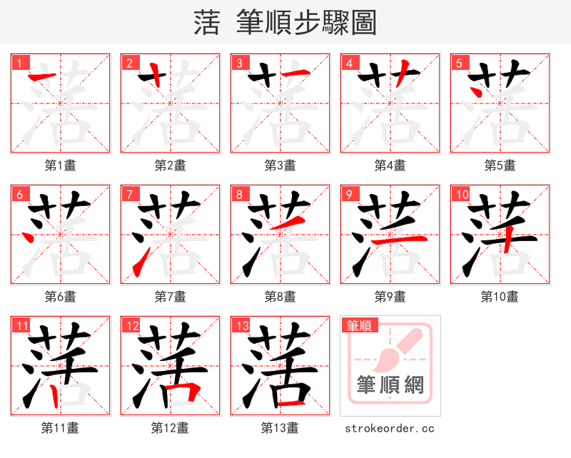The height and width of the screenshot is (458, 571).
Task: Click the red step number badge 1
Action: (19, 63)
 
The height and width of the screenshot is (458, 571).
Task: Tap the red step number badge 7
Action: (128, 194)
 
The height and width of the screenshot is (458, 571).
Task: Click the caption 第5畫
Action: (500, 166)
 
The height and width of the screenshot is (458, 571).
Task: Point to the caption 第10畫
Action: (500, 297)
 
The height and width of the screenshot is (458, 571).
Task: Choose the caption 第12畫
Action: (170, 428)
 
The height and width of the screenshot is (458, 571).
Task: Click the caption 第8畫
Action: (280, 297)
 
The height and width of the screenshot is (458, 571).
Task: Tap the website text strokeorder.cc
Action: (390, 428)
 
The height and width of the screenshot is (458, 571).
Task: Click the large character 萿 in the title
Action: (207, 23)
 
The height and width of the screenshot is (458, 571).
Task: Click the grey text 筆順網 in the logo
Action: (390, 386)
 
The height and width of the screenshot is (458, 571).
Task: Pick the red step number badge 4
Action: (348, 63)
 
